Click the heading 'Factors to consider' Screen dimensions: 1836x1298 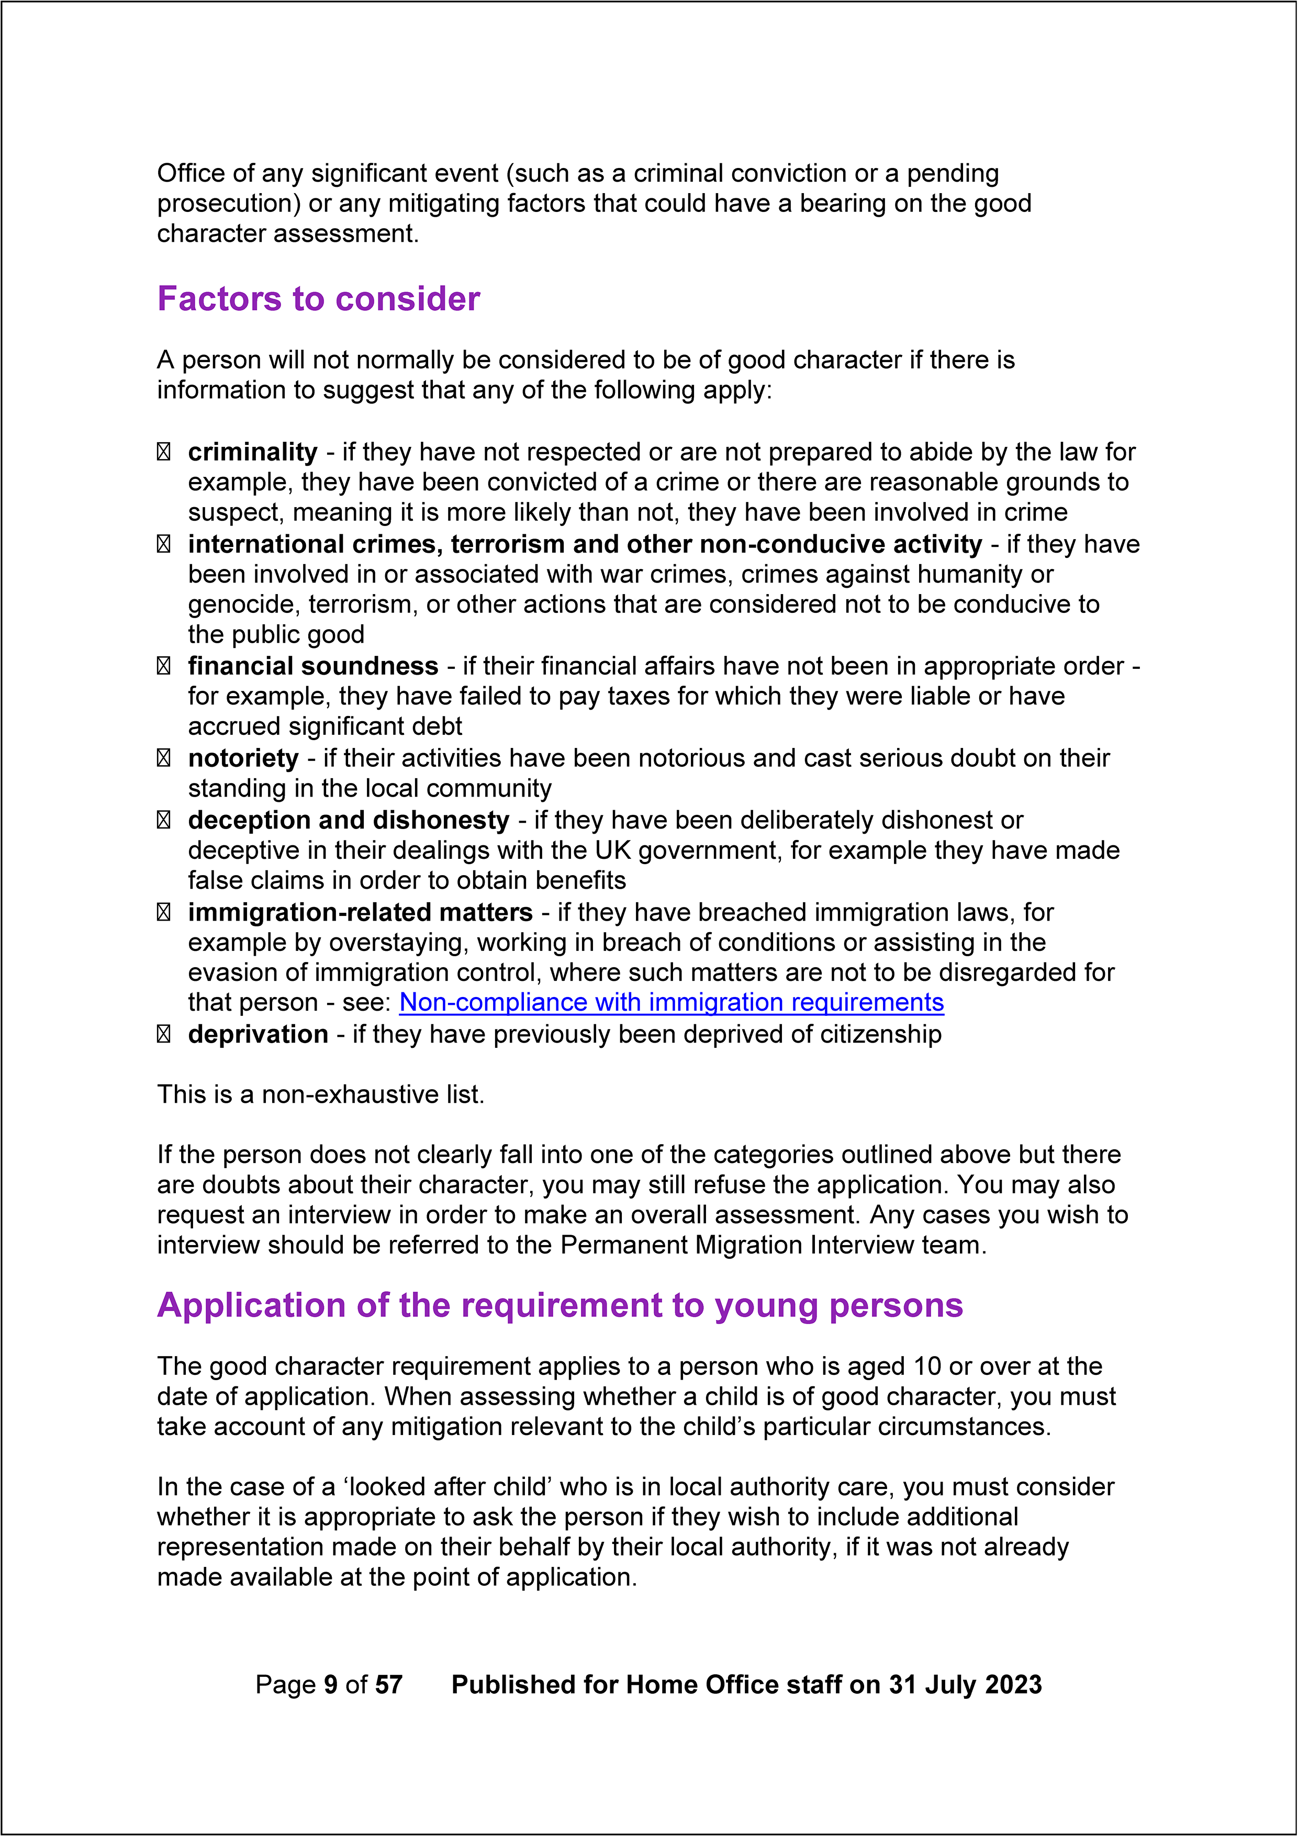pyautogui.click(x=318, y=299)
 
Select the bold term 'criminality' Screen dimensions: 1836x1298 pyautogui.click(x=253, y=453)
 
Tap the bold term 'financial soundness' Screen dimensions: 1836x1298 pyautogui.click(x=312, y=667)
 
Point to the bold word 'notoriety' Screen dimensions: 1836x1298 pyautogui.click(x=243, y=758)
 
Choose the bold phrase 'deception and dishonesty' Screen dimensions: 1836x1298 pyautogui.click(x=349, y=821)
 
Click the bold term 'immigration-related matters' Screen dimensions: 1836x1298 pyautogui.click(x=360, y=912)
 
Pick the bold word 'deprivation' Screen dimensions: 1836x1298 pyautogui.click(x=258, y=1035)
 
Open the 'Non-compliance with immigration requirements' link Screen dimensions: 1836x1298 pyautogui.click(x=671, y=1003)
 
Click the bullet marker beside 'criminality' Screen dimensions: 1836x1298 pyautogui.click(x=163, y=453)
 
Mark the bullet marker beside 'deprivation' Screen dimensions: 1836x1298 pyautogui.click(x=163, y=1035)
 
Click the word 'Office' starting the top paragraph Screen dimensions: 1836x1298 pyautogui.click(x=191, y=174)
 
